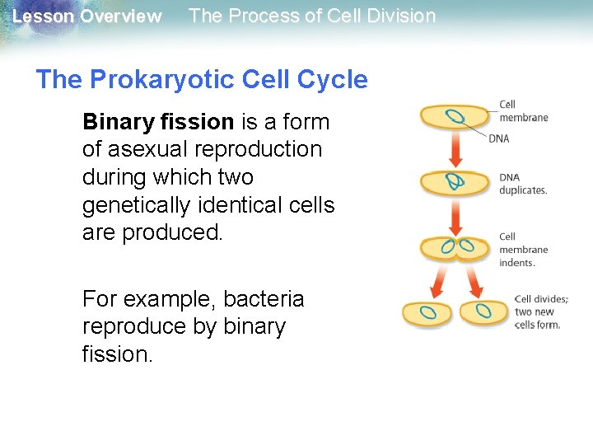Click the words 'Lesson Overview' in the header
87,16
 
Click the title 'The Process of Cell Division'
312,16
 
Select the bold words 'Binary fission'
158,122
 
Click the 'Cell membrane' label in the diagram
523,111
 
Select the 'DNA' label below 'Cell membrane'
499,138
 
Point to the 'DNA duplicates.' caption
523,184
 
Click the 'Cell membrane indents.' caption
523,250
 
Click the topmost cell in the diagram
455,116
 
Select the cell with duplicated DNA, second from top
455,181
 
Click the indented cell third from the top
455,246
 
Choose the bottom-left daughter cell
427,312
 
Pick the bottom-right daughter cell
484,312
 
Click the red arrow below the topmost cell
455,149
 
